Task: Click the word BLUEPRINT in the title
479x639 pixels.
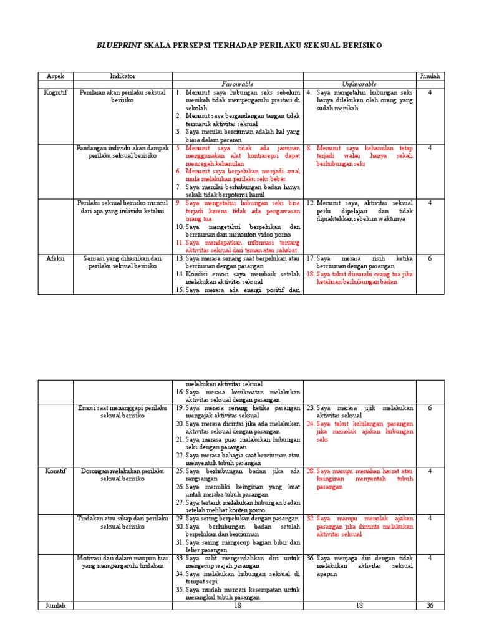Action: tap(119, 46)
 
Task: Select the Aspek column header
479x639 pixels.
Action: tap(55, 76)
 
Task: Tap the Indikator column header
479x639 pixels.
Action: tap(122, 76)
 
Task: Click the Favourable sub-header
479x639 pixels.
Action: tap(238, 84)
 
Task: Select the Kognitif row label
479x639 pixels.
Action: tap(55, 92)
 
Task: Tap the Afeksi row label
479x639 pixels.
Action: tap(55, 258)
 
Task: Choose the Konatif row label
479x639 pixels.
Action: tap(55, 471)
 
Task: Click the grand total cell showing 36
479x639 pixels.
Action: tap(430, 605)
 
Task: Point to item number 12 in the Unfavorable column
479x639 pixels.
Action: tap(311, 203)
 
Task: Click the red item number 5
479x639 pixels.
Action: tap(178, 148)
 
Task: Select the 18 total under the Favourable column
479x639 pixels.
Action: tap(238, 605)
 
